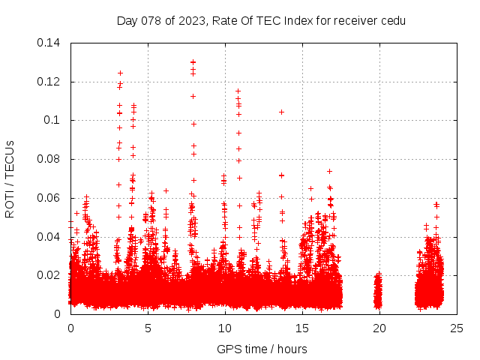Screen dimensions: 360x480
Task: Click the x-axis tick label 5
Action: click(x=148, y=328)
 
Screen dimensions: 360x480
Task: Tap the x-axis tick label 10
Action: click(x=225, y=328)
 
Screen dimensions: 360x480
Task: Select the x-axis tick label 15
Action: click(x=302, y=328)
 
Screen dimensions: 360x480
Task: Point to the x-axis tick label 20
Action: click(x=379, y=328)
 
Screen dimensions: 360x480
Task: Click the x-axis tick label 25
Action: click(x=457, y=328)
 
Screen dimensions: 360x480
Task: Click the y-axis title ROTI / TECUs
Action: click(x=10, y=178)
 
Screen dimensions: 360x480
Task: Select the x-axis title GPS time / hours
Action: click(x=262, y=349)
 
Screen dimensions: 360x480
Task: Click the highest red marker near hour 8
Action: click(x=193, y=62)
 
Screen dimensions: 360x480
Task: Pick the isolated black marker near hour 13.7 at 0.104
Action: click(x=281, y=112)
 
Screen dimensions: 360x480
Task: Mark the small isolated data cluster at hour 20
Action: click(x=378, y=292)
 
